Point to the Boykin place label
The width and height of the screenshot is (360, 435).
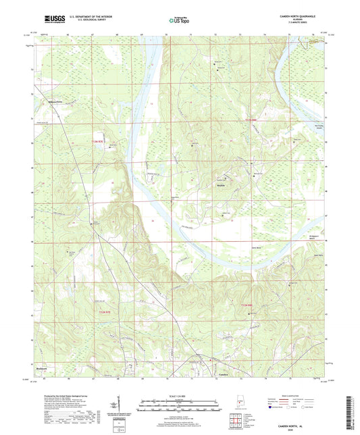pyautogui.click(x=220, y=184)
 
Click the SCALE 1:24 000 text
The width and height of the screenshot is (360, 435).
pyautogui.click(x=180, y=395)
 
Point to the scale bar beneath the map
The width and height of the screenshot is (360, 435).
pyautogui.click(x=180, y=404)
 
